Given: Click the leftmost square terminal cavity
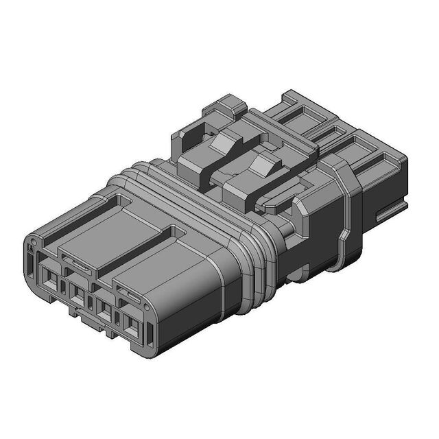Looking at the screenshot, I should pos(50,279).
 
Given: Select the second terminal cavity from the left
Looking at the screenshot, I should pos(78,296).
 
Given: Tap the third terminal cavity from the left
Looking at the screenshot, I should pos(104,312).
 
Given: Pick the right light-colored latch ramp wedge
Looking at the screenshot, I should pos(263,165).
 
